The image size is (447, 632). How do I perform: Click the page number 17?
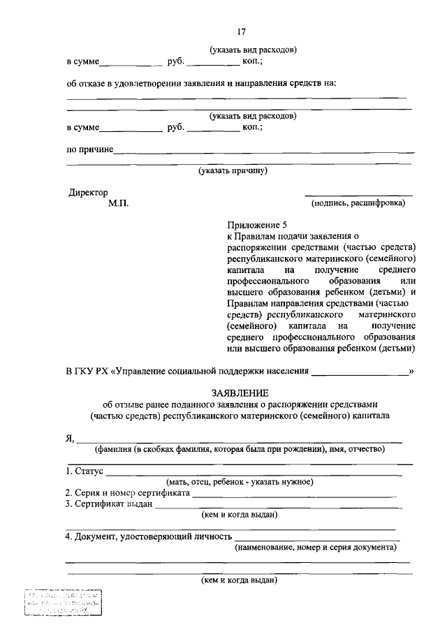pos(240,31)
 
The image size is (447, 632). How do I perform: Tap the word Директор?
pos(89,192)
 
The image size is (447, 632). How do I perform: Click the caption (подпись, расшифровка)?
pos(358,203)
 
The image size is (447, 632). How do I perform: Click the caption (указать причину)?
pos(233,170)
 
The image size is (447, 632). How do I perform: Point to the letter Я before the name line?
pos(70,439)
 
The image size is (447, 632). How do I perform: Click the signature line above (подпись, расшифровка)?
pos(358,195)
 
